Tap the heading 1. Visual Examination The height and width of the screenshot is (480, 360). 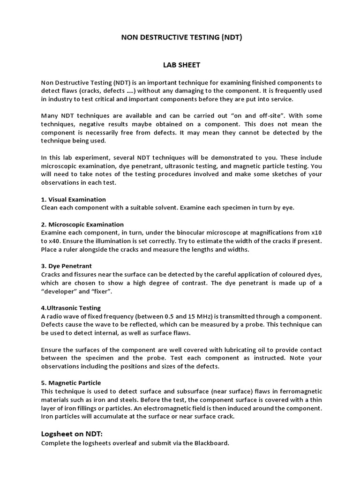[74, 199]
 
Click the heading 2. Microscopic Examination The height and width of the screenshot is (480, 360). [82, 225]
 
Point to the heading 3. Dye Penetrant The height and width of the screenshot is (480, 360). [67, 266]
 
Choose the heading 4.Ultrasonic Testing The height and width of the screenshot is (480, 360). [71, 308]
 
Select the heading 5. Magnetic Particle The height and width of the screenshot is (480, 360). [71, 383]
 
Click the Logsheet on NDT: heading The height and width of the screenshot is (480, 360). [71, 434]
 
